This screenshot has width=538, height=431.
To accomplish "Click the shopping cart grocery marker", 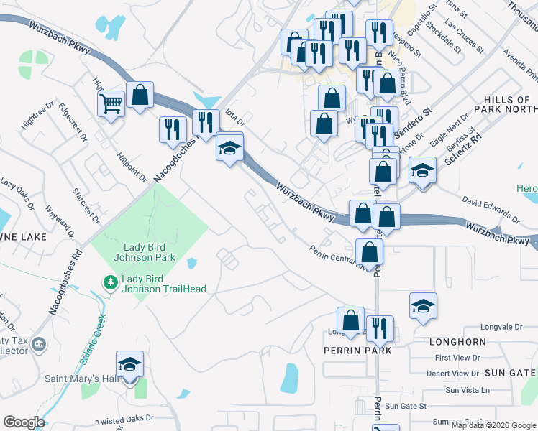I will pyautogui.click(x=111, y=103).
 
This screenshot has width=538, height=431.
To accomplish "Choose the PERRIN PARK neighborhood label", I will pyautogui.click(x=358, y=351).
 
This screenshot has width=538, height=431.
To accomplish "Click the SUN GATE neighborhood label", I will pyautogui.click(x=511, y=372).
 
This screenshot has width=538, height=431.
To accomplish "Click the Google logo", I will pyautogui.click(x=24, y=422).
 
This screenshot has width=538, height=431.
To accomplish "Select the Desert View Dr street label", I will pyautogui.click(x=452, y=374).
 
